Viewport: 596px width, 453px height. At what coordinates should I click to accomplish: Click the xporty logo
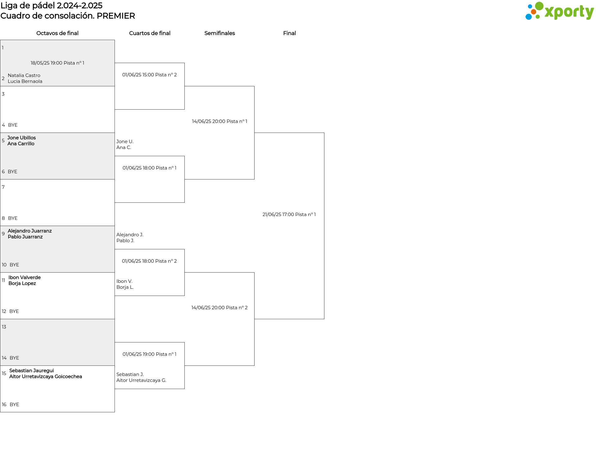[559, 11]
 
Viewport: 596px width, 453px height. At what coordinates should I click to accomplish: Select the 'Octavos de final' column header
[57, 33]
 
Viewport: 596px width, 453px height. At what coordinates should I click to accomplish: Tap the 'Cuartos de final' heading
[150, 33]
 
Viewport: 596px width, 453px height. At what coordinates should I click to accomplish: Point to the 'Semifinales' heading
[219, 33]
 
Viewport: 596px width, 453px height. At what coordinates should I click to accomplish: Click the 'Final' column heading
[289, 33]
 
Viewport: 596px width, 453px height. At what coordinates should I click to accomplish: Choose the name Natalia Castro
[24, 75]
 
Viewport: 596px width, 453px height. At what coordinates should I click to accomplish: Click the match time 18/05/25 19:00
[47, 63]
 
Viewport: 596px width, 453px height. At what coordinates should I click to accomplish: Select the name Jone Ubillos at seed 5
[21, 138]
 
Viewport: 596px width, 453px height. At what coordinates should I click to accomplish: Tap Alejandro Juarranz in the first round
[30, 231]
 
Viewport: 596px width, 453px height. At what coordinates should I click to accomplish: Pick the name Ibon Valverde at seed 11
[25, 277]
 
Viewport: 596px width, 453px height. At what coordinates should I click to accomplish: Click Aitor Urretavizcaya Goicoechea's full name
[46, 377]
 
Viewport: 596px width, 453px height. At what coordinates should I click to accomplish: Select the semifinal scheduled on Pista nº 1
[219, 121]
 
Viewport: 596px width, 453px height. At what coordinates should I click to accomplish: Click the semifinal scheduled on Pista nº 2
[219, 308]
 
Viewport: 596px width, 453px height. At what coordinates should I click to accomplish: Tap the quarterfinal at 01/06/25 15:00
[150, 75]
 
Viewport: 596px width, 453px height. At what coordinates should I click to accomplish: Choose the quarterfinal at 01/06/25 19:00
[150, 354]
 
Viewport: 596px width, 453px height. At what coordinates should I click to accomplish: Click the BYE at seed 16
[14, 405]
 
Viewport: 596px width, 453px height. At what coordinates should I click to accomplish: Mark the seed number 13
[4, 327]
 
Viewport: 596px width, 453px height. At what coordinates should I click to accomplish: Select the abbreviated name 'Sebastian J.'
[130, 374]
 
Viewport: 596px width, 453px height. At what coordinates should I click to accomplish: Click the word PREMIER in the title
[116, 16]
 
